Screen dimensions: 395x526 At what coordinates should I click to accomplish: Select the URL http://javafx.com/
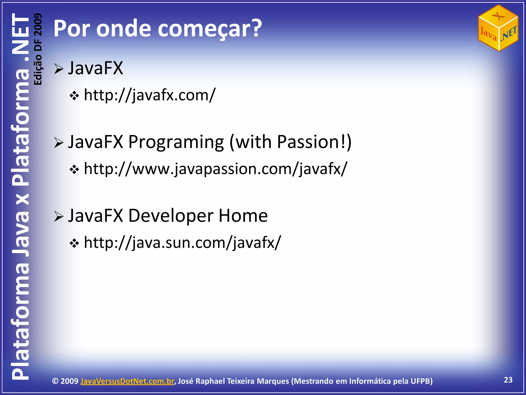pos(150,95)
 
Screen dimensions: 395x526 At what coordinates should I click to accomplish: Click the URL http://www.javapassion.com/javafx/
pos(215,169)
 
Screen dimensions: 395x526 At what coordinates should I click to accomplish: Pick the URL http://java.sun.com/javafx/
pos(183,243)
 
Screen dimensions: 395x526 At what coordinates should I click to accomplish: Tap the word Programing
pos(176,142)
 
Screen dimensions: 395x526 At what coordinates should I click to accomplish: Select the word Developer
pos(171,216)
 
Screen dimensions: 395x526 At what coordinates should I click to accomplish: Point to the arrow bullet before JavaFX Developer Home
pos(59,217)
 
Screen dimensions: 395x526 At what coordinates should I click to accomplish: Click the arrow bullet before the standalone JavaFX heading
pos(59,69)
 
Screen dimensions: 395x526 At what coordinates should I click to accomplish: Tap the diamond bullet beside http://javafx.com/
pos(74,96)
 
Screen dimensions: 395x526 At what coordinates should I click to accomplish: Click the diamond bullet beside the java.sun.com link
pos(74,244)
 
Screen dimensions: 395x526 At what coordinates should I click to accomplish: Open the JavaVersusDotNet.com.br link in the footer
pos(127,381)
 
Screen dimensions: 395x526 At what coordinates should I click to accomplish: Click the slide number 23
pos(508,380)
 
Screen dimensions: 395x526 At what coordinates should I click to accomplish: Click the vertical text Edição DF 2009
pos(38,49)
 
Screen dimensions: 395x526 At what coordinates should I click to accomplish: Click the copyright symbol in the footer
pos(55,381)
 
